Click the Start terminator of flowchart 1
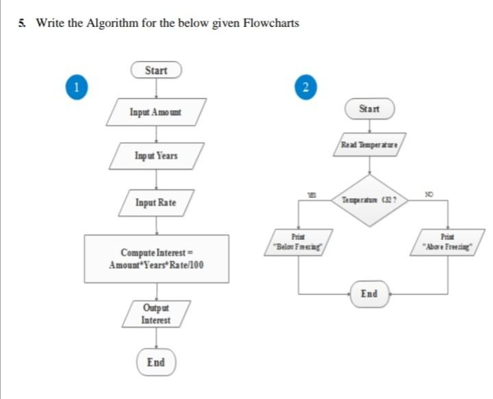tap(156, 71)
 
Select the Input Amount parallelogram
tap(156, 112)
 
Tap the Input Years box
tap(156, 156)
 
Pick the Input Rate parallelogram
tap(156, 202)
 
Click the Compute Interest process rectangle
tap(156, 258)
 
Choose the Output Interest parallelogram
tap(156, 315)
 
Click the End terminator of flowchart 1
tap(156, 361)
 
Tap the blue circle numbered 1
tap(77, 86)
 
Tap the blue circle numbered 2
tap(305, 86)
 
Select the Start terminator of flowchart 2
tap(370, 109)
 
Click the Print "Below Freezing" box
tap(299, 242)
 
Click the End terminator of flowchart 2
tap(369, 293)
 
